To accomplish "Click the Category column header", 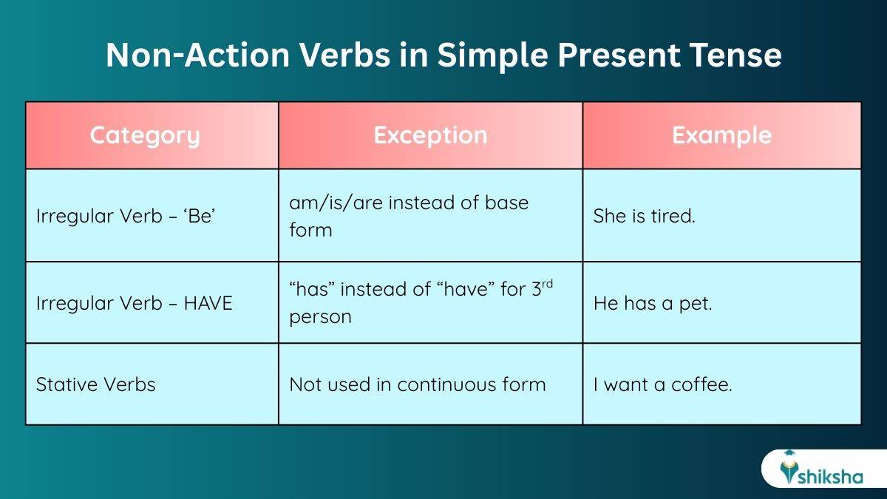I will (x=145, y=135).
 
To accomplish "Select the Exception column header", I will (x=430, y=135).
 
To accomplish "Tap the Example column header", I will (x=721, y=135).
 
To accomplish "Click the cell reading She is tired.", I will (x=644, y=216).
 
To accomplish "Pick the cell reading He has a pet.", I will (x=652, y=303).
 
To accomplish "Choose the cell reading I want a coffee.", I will (x=662, y=384).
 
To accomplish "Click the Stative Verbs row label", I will (x=96, y=384).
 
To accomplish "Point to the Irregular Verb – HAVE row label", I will (x=134, y=303).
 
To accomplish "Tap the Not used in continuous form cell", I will (x=417, y=384).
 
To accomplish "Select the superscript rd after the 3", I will (x=548, y=283).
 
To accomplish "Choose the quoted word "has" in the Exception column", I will (x=312, y=289).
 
